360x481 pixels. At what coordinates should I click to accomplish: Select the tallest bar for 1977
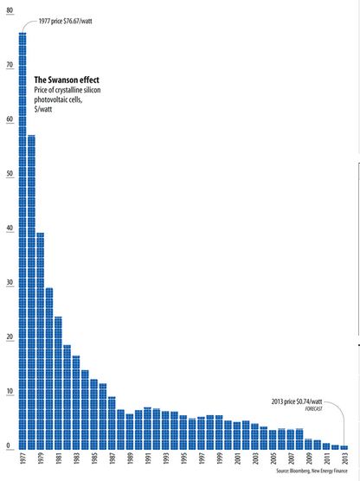coord(22,242)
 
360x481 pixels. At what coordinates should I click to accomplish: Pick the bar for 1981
coord(58,382)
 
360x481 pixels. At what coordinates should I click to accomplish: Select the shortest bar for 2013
coord(344,446)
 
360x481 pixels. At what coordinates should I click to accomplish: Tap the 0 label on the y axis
coord(8,446)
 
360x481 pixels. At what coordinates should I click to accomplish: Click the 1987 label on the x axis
coord(112,459)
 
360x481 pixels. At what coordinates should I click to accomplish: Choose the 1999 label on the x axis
coord(219,459)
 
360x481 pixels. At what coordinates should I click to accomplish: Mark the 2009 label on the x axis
coord(308,459)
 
